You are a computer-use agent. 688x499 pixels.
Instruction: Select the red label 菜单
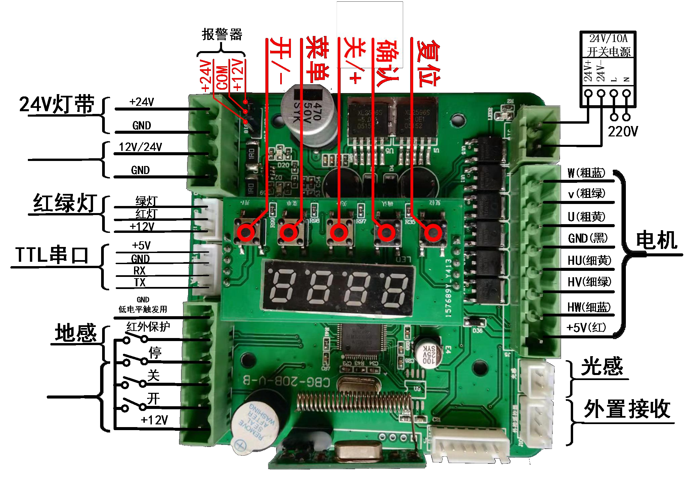pos(317,60)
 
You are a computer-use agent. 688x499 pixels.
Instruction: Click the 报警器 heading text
pos(222,34)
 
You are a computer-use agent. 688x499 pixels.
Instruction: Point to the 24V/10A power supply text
pos(608,38)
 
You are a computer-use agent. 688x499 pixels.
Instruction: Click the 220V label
pos(622,131)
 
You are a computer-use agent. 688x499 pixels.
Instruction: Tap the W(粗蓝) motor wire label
pos(586,173)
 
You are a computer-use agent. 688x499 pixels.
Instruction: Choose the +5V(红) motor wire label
pos(586,327)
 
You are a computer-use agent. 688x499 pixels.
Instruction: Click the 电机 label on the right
pos(656,240)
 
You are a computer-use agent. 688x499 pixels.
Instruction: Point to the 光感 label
pos(602,366)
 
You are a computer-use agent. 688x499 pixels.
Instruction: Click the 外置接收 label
pos(627,409)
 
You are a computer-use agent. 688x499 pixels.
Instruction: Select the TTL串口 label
pos(52,255)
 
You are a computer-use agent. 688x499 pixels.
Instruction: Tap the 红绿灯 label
pos(65,203)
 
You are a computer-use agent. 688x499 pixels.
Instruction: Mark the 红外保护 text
pos(148,326)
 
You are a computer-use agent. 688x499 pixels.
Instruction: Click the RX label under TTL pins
pos(139,271)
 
